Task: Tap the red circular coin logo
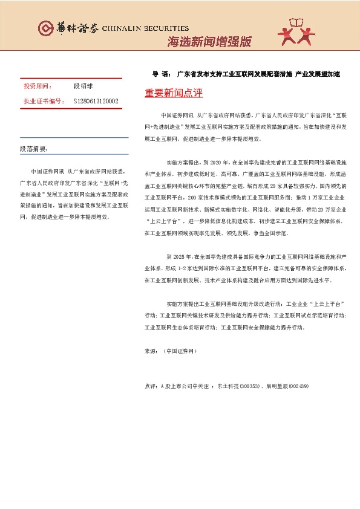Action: pos(45,28)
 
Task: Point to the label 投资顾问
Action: pos(38,87)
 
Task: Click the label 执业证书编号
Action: pos(44,101)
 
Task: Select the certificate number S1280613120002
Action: pos(96,101)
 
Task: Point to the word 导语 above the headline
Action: pos(161,74)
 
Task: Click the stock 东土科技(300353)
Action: pos(239,385)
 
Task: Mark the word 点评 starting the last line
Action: pos(151,385)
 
